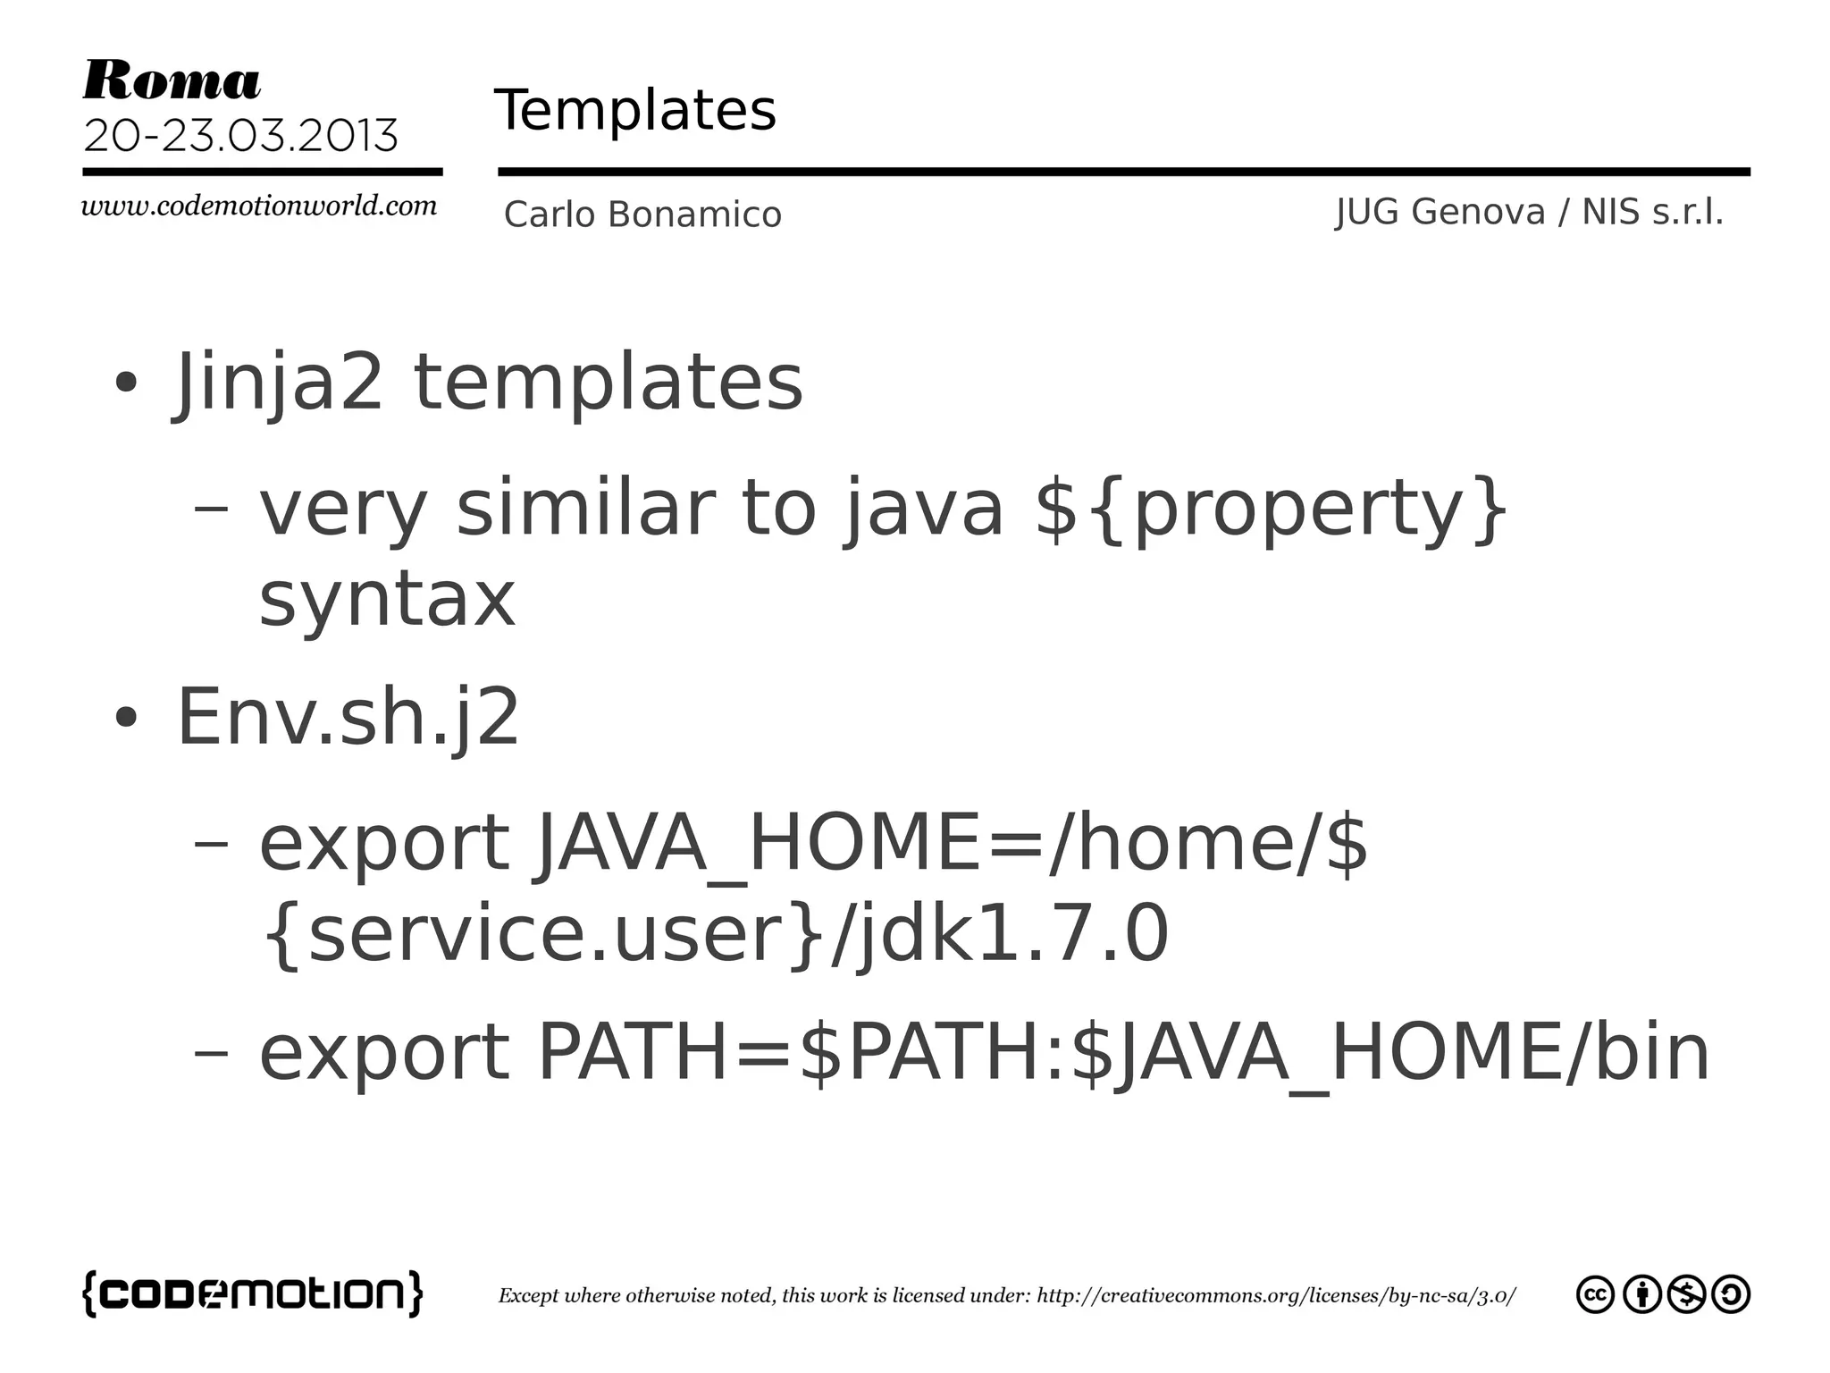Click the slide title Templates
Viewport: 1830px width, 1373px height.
tap(634, 111)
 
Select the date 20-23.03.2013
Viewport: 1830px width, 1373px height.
tap(240, 136)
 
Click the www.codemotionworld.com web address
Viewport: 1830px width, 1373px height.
tap(259, 206)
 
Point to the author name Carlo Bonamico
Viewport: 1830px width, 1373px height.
tap(642, 215)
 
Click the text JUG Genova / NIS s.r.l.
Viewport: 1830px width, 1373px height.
tap(1529, 212)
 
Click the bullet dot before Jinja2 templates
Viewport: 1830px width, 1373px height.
tap(126, 383)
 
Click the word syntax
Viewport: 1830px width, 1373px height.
tap(387, 599)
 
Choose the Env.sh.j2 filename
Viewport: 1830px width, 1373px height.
tap(348, 717)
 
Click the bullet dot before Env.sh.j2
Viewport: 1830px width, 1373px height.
tap(126, 717)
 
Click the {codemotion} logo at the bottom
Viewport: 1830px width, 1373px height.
tap(253, 1293)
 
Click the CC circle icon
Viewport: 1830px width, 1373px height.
tap(1595, 1295)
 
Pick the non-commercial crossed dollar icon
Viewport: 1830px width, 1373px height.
tap(1686, 1295)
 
